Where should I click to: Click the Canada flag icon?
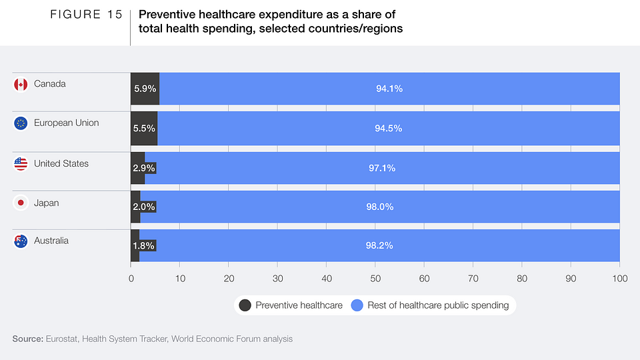[x=21, y=85]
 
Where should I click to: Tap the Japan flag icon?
[x=21, y=203]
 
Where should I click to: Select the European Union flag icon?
[x=21, y=123]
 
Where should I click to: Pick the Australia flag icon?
[x=21, y=241]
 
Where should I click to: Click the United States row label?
[x=61, y=163]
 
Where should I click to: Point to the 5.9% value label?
[x=145, y=89]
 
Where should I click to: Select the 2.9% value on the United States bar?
[x=145, y=168]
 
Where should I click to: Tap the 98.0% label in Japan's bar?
[x=380, y=207]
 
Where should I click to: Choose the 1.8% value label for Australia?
[x=144, y=245]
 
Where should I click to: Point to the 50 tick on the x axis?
[x=375, y=278]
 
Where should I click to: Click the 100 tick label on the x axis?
[x=620, y=278]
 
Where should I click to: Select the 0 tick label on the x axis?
[x=131, y=278]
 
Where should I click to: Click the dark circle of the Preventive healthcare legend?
[x=245, y=305]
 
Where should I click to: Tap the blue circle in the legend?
[x=357, y=305]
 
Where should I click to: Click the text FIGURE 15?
[x=86, y=15]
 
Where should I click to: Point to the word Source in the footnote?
[x=27, y=339]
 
